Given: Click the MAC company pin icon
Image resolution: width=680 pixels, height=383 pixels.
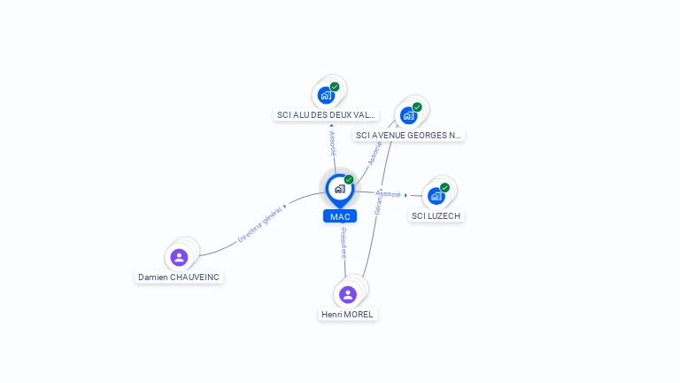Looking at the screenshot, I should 339,189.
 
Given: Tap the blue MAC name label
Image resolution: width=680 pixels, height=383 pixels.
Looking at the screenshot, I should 340,216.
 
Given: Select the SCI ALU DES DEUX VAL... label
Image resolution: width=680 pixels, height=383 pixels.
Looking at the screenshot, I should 327,115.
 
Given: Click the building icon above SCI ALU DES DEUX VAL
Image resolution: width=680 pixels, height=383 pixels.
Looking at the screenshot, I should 326,95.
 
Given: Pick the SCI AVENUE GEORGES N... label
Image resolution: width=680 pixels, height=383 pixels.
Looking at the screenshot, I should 408,136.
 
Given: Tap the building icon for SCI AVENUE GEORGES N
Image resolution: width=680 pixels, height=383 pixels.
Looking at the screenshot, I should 408,115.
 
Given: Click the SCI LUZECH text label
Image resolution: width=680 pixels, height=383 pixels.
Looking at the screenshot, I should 437,215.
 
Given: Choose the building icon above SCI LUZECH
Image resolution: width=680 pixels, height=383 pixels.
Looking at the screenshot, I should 436,196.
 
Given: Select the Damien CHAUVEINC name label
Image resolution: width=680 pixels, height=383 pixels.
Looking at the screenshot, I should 179,277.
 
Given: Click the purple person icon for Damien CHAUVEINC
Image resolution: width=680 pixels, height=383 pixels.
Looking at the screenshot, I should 179,258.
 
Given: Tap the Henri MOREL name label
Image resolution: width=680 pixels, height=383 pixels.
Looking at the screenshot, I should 348,314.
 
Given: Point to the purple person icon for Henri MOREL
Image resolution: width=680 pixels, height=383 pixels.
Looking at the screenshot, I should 348,294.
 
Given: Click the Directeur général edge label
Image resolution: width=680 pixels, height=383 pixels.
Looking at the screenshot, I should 259,223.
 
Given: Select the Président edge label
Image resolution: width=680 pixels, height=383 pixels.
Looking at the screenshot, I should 344,243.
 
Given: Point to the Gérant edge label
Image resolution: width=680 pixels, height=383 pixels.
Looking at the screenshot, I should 378,205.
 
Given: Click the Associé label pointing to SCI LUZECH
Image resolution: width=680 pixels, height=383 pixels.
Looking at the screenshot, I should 388,193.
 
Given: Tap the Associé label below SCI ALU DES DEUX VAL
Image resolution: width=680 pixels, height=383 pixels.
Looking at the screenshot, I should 332,145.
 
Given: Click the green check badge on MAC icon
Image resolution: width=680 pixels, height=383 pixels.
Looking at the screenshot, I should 349,180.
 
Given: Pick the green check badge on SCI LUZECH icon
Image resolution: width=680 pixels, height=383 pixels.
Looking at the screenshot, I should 444,187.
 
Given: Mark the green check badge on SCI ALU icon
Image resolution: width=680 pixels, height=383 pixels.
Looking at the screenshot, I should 335,87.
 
